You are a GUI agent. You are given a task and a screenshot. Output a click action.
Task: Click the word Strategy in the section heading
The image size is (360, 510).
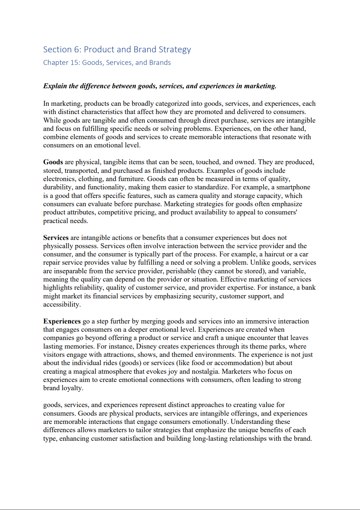click(x=174, y=49)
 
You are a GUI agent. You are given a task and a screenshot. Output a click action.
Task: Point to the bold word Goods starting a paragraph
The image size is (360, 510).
click(x=53, y=162)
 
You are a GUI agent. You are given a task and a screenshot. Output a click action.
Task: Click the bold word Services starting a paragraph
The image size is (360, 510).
click(x=56, y=238)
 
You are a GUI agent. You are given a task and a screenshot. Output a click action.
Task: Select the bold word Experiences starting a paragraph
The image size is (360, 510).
click(x=62, y=321)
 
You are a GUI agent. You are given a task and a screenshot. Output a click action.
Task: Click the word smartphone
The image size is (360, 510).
click(x=292, y=187)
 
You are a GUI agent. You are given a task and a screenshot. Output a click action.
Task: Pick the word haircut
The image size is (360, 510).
click(x=277, y=254)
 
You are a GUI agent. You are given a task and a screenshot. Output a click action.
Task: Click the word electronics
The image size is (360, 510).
click(x=60, y=179)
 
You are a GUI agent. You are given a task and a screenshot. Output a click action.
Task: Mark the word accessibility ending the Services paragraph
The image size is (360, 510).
click(x=61, y=304)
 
